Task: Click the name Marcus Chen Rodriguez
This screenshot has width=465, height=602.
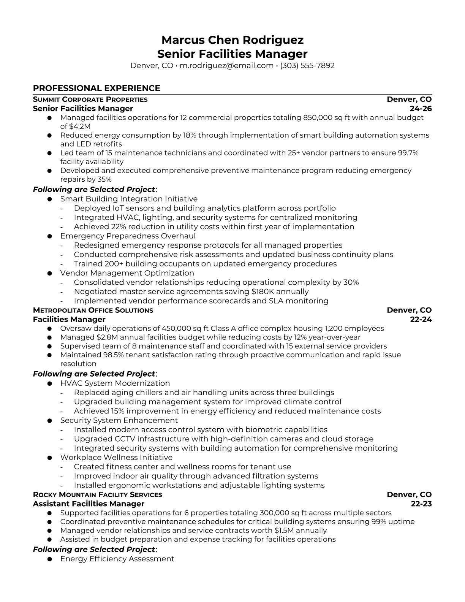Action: point(232,40)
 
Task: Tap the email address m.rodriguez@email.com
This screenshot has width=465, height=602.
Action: point(226,65)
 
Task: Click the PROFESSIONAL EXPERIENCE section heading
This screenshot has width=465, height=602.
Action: point(96,88)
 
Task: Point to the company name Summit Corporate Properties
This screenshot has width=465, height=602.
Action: point(90,100)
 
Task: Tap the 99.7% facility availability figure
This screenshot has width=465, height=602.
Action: point(408,153)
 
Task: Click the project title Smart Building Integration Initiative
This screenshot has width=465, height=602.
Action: point(129,199)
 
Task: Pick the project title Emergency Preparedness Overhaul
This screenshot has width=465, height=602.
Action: point(128,236)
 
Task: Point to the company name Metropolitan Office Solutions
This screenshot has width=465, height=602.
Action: point(93,310)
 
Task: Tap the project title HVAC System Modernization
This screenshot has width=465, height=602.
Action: point(115,383)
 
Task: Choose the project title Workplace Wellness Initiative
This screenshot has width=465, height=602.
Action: point(116,457)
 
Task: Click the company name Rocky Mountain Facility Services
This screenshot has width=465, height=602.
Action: point(97,494)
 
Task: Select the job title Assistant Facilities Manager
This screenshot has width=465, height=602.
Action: point(89,504)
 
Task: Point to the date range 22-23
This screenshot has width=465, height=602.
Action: point(421,504)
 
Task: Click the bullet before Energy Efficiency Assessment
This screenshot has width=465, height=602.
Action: point(49,559)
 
